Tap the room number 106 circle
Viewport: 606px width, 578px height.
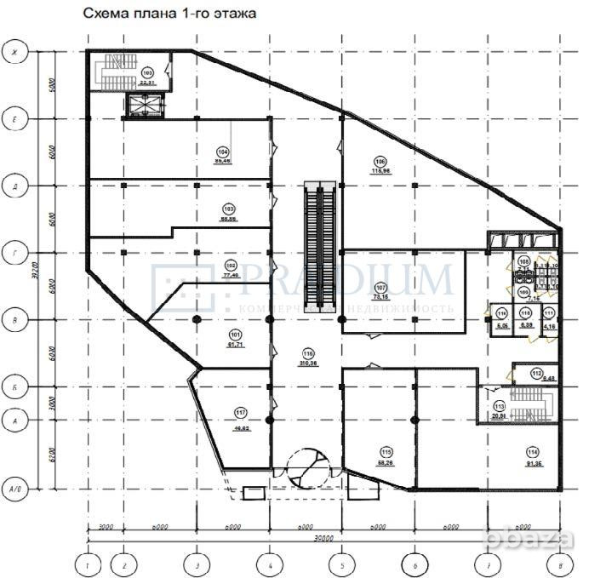[380, 161]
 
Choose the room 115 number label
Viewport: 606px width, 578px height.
[386, 452]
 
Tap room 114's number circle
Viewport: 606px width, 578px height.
[533, 452]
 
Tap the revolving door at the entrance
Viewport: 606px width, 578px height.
[306, 467]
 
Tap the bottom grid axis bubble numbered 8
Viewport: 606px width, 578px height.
[559, 563]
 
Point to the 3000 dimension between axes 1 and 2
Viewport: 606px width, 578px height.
[106, 527]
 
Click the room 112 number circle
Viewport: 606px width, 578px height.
[536, 373]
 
